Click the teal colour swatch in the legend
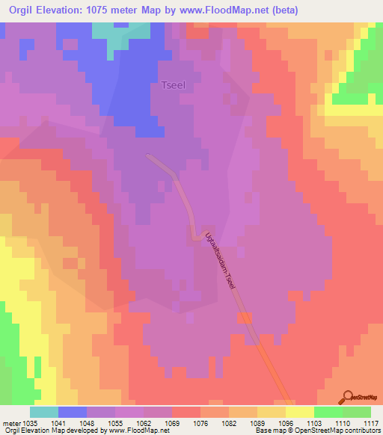click(43, 411)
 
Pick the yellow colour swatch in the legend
click(299, 411)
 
